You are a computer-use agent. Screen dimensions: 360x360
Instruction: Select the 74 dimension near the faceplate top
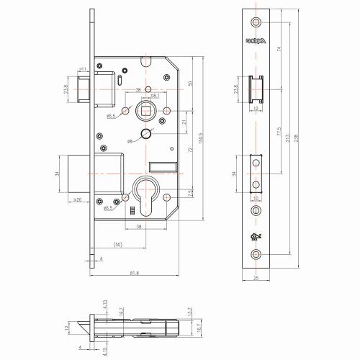279,48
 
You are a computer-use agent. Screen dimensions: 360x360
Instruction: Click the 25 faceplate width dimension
257,280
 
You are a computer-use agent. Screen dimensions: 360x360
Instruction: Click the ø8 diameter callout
130,141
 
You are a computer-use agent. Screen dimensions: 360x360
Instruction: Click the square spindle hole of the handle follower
145,111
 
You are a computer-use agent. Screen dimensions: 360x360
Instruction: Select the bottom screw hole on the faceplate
257,255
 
